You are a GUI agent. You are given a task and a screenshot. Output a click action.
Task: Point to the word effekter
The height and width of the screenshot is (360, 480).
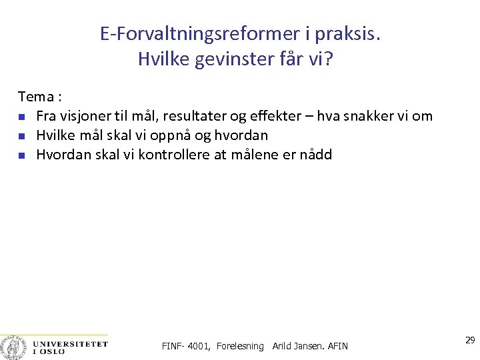pos(275,116)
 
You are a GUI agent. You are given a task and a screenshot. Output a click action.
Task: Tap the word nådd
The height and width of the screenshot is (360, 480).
pos(315,155)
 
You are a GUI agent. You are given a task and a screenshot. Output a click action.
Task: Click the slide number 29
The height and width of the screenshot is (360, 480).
pos(470,341)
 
